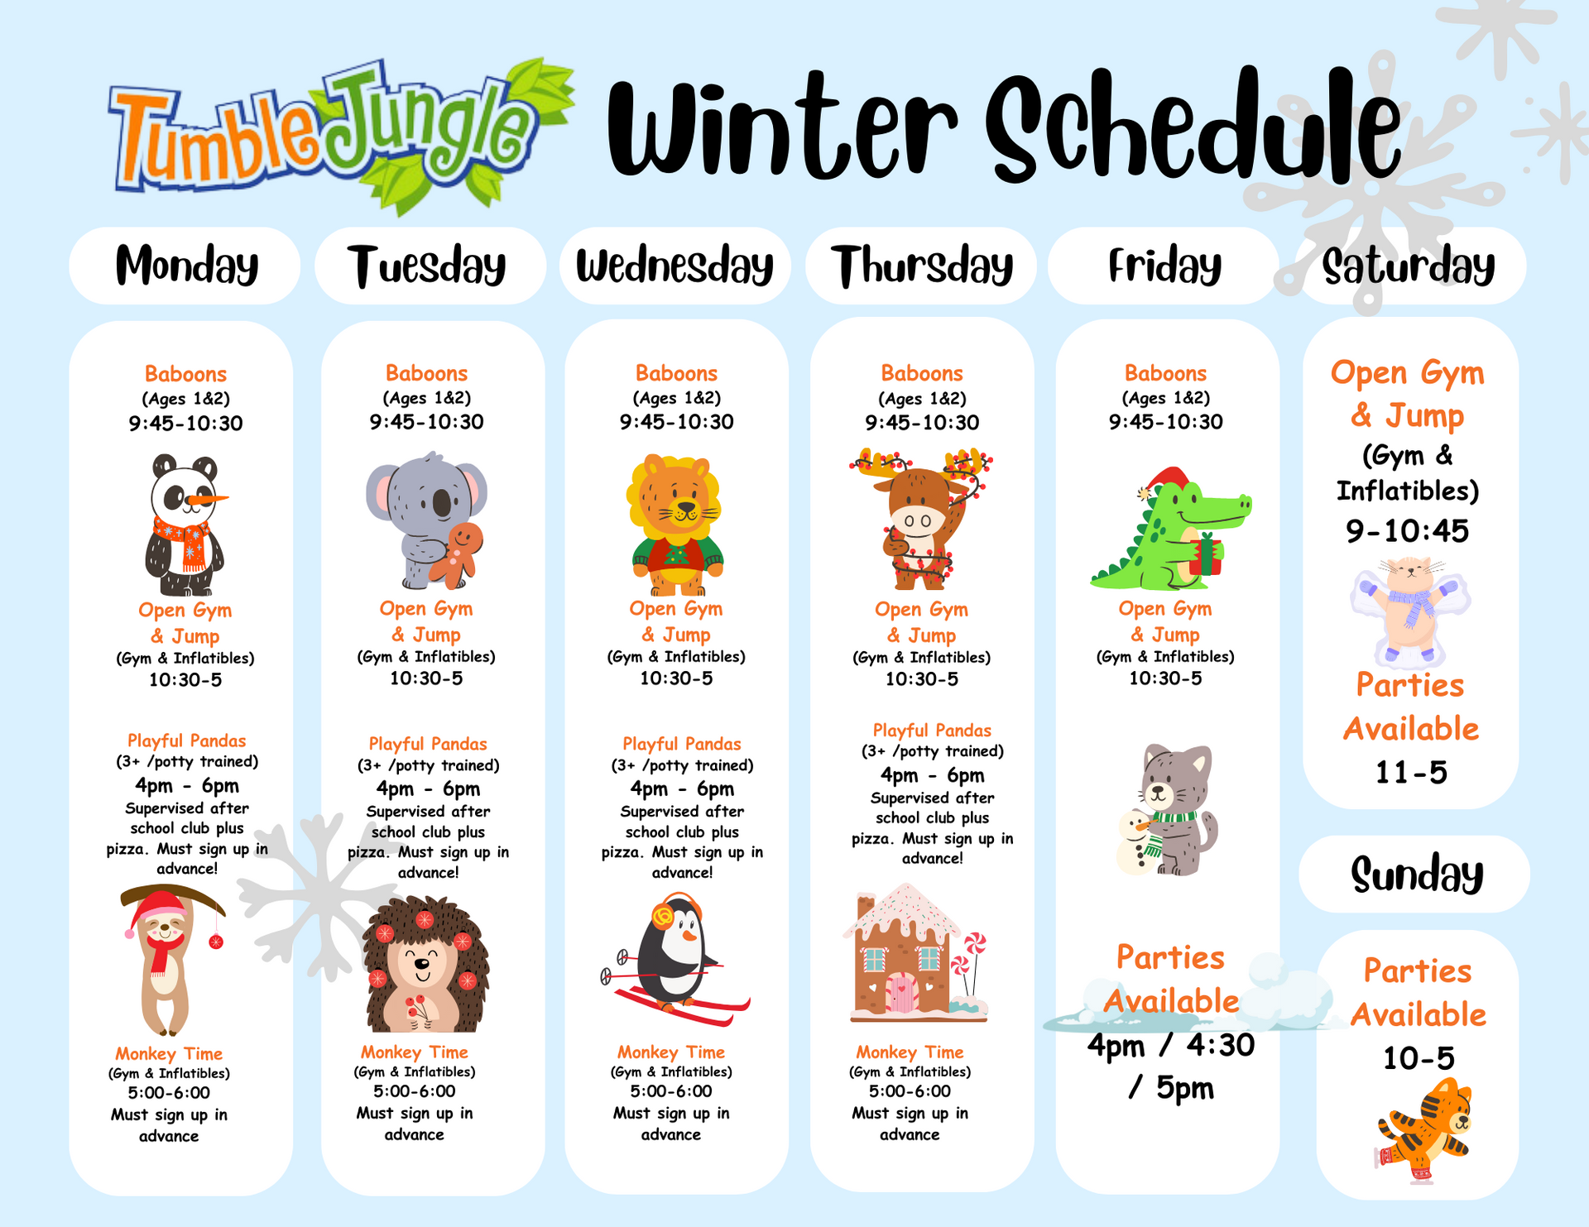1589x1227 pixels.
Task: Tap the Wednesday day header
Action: (x=674, y=266)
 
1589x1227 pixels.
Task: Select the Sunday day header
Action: (x=1416, y=875)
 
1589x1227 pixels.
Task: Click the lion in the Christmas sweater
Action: (x=676, y=525)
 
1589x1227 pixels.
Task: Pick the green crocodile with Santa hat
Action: (x=1170, y=530)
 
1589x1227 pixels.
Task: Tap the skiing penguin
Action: (x=674, y=960)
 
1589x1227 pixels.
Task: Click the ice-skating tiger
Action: (x=1423, y=1129)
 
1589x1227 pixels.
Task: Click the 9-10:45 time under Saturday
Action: (x=1407, y=531)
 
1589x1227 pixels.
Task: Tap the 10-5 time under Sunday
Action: (x=1419, y=1058)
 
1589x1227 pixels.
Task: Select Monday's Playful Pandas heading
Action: (x=187, y=741)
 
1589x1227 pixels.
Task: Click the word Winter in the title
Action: (x=782, y=128)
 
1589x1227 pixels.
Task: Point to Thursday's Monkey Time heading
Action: (x=910, y=1052)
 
